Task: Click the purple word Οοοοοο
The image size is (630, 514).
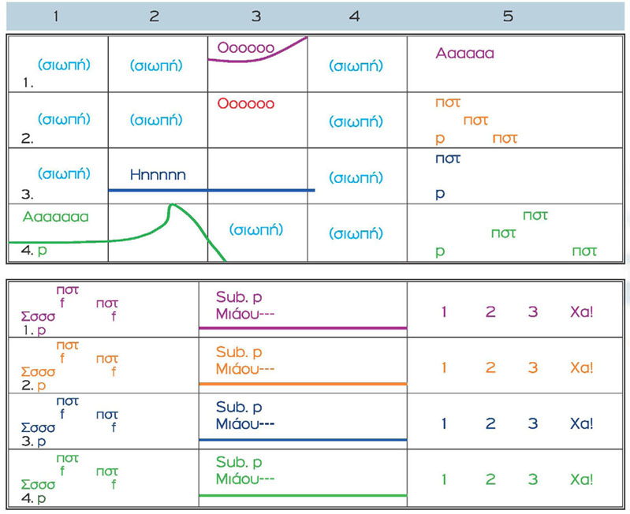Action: tap(244, 48)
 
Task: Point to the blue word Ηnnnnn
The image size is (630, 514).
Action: tap(158, 174)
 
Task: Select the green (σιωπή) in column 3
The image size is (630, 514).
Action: tap(256, 229)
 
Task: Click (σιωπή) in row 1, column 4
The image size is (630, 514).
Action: tap(356, 66)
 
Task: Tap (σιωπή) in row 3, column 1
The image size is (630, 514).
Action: tap(64, 173)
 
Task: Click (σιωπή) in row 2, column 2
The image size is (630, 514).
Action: tap(156, 120)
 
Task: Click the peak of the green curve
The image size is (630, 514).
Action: tap(170, 206)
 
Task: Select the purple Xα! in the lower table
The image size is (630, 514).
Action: tap(581, 311)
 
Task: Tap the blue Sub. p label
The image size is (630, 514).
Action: tap(239, 408)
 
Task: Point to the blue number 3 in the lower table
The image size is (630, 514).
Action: tap(533, 423)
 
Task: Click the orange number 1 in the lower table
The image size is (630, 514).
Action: tap(445, 367)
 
